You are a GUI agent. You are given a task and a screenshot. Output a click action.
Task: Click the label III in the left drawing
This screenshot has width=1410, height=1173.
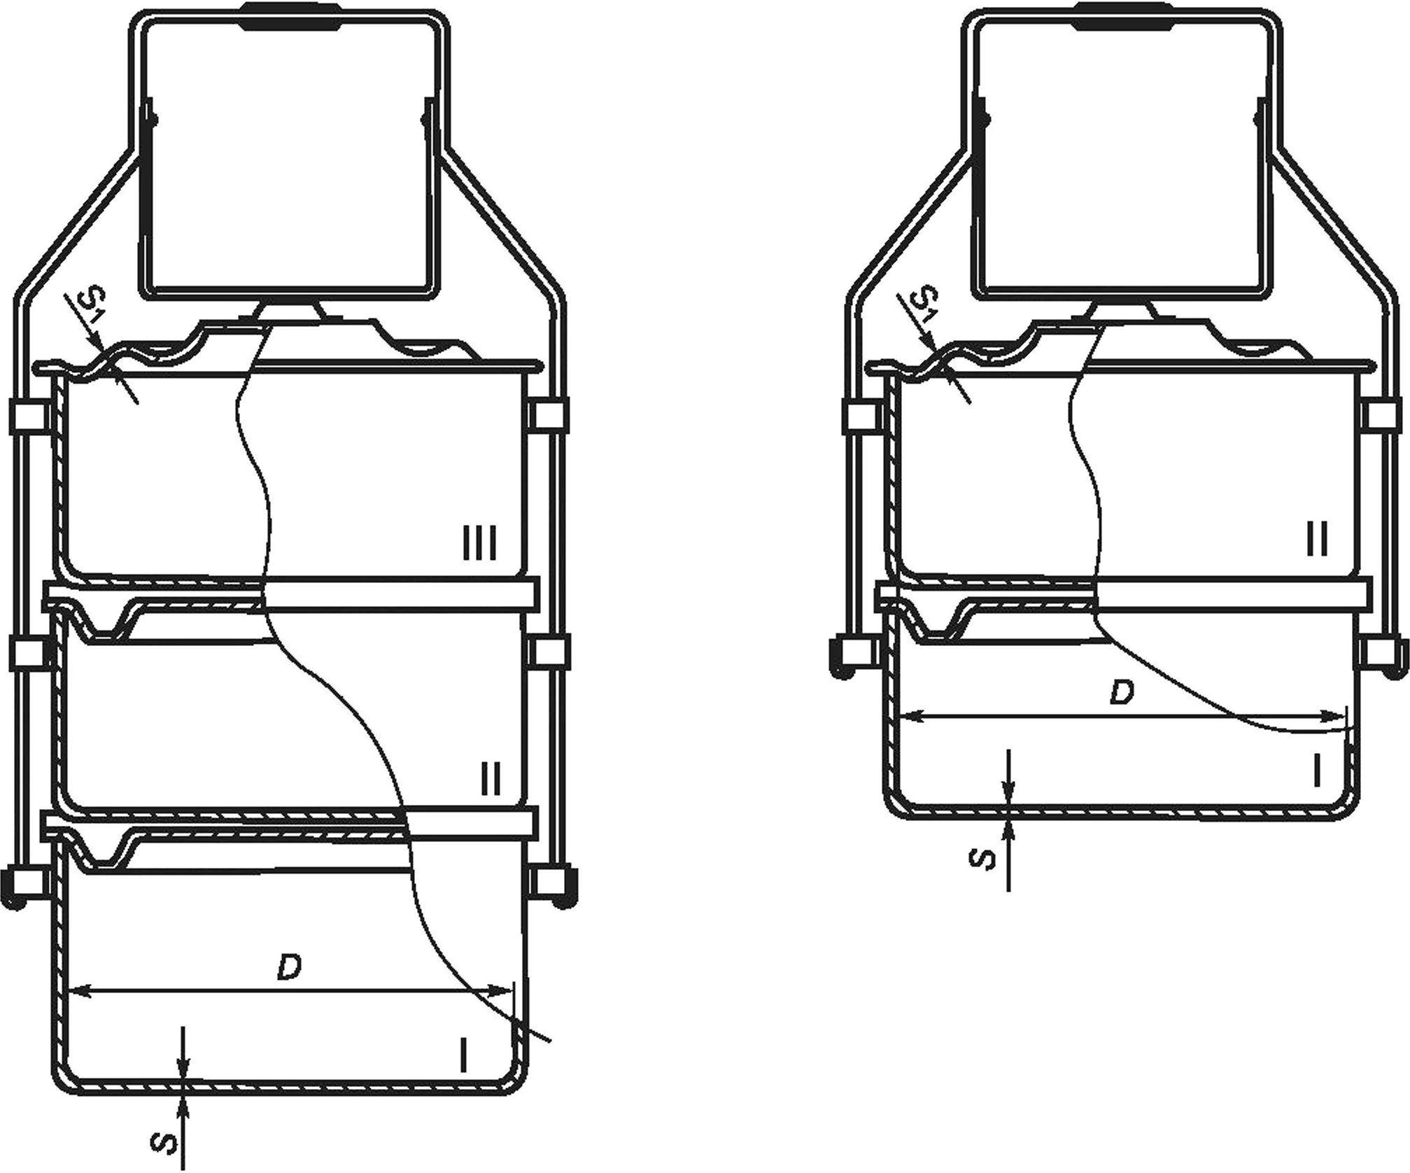coord(480,544)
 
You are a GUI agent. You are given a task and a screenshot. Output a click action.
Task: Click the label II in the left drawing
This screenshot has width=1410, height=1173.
coord(489,779)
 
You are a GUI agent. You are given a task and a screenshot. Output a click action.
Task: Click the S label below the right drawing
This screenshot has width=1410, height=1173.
coord(985,859)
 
